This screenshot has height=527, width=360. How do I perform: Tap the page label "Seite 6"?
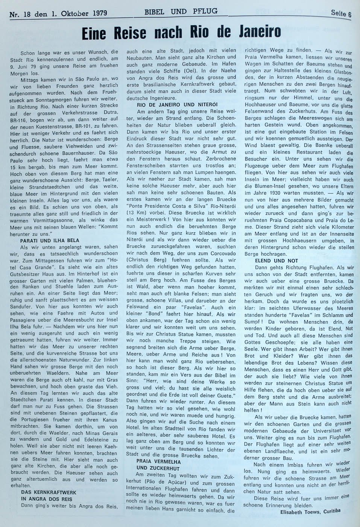[341, 14]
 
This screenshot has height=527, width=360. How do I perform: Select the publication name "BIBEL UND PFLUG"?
[181, 12]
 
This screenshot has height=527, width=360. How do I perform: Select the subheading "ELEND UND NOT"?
[276, 260]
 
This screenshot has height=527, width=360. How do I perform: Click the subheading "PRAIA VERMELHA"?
[153, 462]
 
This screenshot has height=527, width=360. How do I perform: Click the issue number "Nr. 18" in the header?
[20, 13]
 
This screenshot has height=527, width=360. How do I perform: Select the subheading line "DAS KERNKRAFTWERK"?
[49, 492]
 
